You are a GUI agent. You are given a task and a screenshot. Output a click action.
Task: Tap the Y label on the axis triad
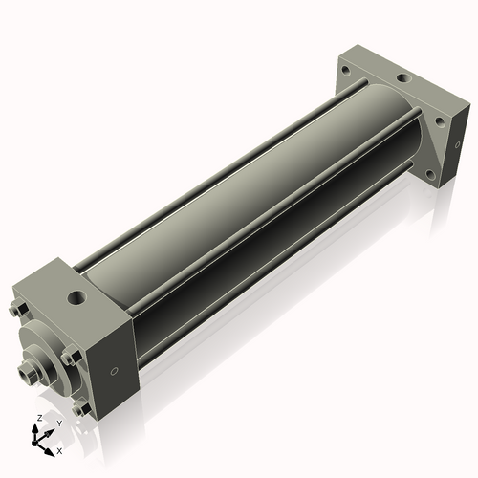coord(58,422)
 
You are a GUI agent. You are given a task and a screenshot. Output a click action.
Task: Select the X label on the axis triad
coord(59,449)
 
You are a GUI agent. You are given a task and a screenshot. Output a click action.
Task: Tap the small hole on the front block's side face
coord(116,371)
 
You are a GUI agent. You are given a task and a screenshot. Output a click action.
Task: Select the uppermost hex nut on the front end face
coord(17,310)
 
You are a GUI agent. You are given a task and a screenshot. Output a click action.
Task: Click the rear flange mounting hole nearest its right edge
coord(441,119)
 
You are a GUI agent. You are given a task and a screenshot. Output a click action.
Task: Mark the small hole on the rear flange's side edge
coord(452,149)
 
